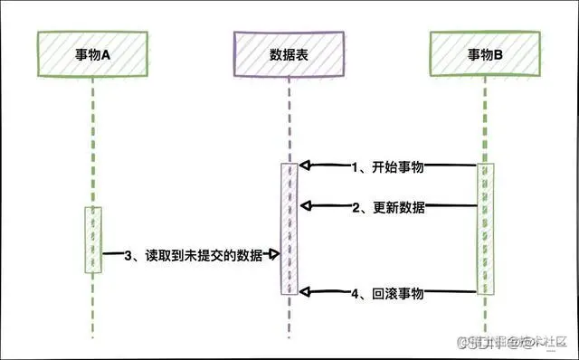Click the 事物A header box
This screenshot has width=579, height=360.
click(x=92, y=54)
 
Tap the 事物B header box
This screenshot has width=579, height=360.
click(x=486, y=54)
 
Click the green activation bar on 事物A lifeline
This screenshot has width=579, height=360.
click(x=93, y=240)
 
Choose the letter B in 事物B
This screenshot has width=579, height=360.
click(x=499, y=54)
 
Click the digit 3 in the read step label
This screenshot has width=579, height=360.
click(x=128, y=257)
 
